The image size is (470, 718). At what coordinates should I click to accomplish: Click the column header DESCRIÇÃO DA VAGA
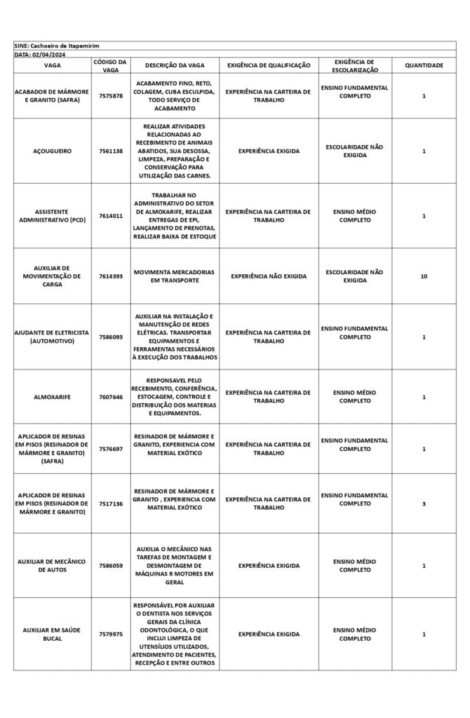click(175, 65)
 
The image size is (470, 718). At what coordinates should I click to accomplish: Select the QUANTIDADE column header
click(424, 65)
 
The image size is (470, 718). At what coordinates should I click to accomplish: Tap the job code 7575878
click(111, 96)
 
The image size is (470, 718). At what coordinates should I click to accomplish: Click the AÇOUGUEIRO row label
click(52, 151)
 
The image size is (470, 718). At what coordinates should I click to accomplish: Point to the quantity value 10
click(424, 276)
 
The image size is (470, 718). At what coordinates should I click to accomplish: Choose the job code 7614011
click(111, 216)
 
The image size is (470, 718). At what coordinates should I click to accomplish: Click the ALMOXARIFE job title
click(52, 397)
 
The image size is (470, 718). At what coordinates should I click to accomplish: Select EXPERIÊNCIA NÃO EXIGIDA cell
click(269, 276)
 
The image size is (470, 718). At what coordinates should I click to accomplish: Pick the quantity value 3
click(424, 503)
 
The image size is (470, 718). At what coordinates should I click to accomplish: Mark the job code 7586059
click(111, 565)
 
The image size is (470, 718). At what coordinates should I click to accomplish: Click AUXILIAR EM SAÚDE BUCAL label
click(52, 634)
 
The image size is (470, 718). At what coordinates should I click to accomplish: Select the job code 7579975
click(111, 634)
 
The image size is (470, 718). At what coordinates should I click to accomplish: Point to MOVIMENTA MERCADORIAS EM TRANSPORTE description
click(175, 276)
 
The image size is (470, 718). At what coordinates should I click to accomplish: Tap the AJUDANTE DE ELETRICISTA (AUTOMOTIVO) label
click(52, 337)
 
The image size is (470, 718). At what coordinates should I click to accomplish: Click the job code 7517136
click(111, 503)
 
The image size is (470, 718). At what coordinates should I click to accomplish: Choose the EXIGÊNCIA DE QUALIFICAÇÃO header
click(269, 65)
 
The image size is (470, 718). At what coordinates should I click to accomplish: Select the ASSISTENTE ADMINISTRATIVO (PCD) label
click(52, 216)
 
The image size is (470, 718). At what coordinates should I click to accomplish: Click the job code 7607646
click(111, 397)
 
